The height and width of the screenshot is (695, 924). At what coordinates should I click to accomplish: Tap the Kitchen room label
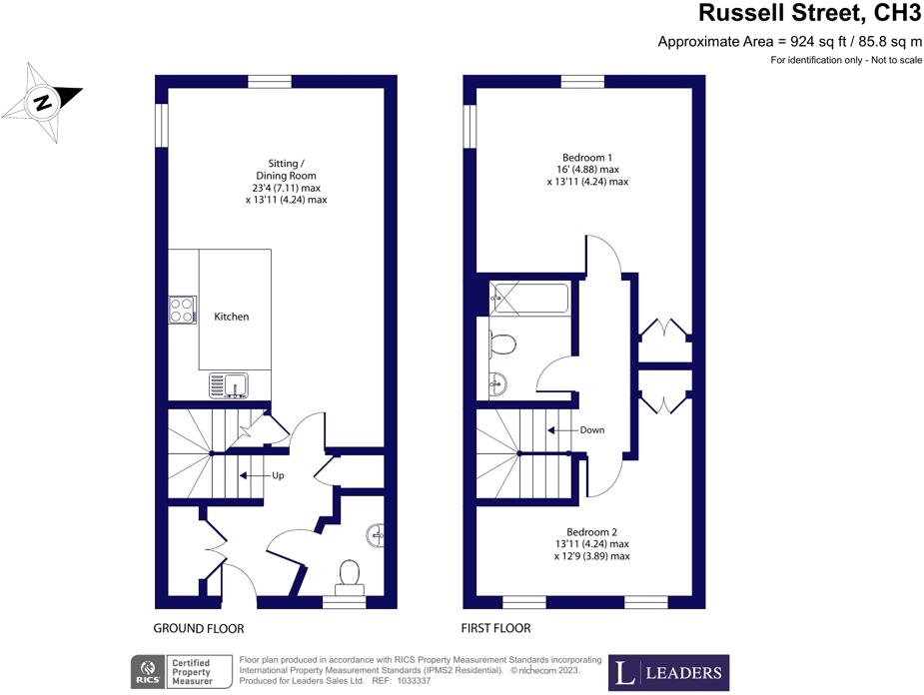232,317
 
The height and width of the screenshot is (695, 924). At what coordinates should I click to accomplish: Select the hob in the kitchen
182,311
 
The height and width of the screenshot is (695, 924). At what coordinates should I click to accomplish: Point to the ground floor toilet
350,576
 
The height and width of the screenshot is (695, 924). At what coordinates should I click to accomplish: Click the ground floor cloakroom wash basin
376,535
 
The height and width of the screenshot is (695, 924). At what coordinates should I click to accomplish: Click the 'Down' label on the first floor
591,430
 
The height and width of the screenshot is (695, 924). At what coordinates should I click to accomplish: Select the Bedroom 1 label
587,158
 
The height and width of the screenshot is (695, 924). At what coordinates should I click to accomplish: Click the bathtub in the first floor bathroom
529,299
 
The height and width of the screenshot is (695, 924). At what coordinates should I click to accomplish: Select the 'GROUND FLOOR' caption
199,629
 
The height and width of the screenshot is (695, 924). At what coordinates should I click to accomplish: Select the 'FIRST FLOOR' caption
495,628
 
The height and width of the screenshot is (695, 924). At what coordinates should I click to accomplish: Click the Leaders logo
669,672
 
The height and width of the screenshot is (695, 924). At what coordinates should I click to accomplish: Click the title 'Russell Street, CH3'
809,14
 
